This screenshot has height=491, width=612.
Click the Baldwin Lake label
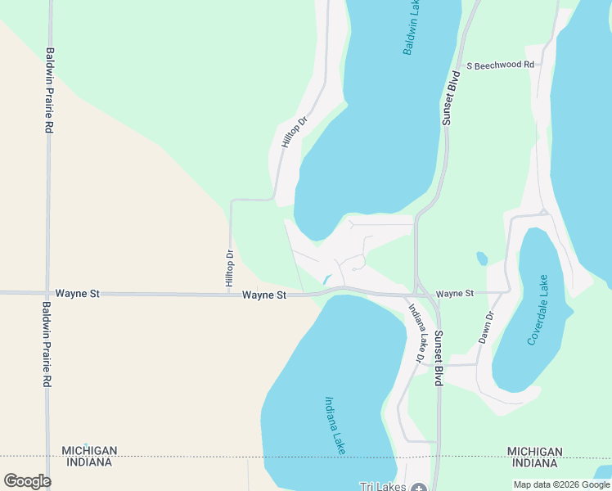point(413,28)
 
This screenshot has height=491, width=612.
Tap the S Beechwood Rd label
point(500,65)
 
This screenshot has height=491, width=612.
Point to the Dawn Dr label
point(487,327)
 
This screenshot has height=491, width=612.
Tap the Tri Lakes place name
point(383,486)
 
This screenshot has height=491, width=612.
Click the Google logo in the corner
point(27,481)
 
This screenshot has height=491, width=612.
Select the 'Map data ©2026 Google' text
point(561,485)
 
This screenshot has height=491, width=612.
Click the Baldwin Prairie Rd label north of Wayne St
point(50,90)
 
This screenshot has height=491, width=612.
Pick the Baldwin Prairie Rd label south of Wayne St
point(47,344)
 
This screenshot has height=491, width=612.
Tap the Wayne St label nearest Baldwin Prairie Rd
point(77,293)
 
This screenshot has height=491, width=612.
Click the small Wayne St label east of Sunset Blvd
point(455,293)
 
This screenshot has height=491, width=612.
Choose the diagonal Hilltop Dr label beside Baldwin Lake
point(293,131)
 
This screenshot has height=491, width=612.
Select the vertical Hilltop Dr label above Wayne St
point(230,268)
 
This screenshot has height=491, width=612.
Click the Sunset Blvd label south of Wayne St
point(439,358)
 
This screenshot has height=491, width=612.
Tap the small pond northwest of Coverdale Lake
point(482,259)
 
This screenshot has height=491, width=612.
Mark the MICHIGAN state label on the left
point(89,451)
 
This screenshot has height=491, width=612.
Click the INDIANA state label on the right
point(534,462)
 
